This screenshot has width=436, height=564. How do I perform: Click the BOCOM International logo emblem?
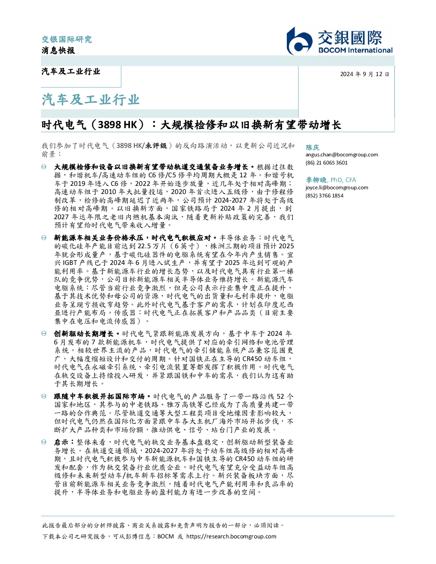click(x=299, y=41)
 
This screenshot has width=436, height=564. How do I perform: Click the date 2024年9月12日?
click(x=365, y=74)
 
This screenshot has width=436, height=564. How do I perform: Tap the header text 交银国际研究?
click(x=67, y=39)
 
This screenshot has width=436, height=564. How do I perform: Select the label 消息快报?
click(x=59, y=50)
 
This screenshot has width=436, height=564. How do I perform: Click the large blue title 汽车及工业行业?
click(x=91, y=100)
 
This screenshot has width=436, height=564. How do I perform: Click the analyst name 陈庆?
click(x=312, y=147)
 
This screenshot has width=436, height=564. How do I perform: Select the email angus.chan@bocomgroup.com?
click(x=342, y=155)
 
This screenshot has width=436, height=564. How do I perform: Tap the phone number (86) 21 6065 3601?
click(x=327, y=163)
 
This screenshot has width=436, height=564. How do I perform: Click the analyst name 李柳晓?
click(x=316, y=180)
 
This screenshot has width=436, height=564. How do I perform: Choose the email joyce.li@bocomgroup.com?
click(x=337, y=188)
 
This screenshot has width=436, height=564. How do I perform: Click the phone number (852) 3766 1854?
click(x=324, y=196)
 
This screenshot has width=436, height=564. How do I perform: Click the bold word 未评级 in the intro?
click(x=156, y=146)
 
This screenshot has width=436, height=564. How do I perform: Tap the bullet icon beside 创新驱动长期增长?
click(x=44, y=334)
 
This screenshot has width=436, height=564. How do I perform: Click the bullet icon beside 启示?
click(x=44, y=442)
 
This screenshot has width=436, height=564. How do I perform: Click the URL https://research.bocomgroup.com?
click(x=231, y=537)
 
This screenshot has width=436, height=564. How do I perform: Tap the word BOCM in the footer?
click(x=165, y=537)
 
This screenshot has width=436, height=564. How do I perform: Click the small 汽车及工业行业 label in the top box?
click(x=71, y=71)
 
